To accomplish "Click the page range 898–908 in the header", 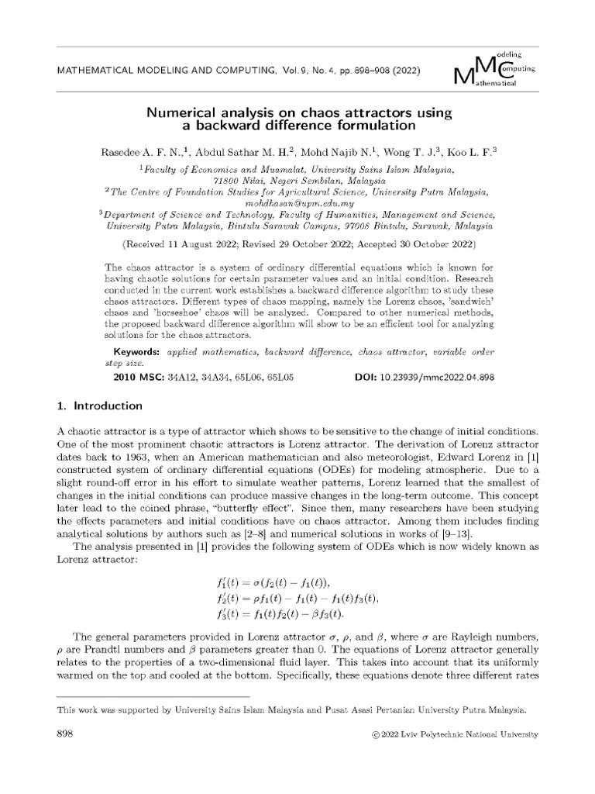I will click(x=366, y=71).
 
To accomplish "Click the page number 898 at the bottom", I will click(x=66, y=734).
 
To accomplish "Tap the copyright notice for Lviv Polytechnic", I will click(x=454, y=735).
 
